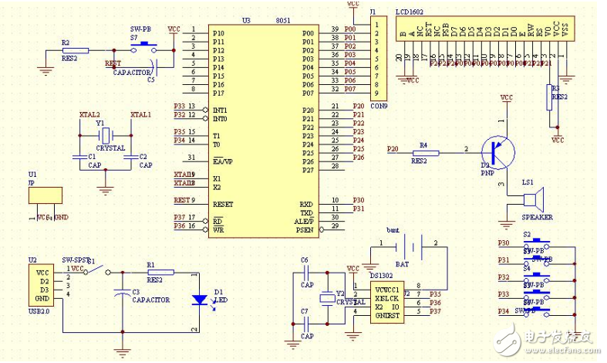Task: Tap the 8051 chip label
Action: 282,21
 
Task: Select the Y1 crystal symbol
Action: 107,134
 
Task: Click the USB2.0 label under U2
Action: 39,311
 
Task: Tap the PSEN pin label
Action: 305,229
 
